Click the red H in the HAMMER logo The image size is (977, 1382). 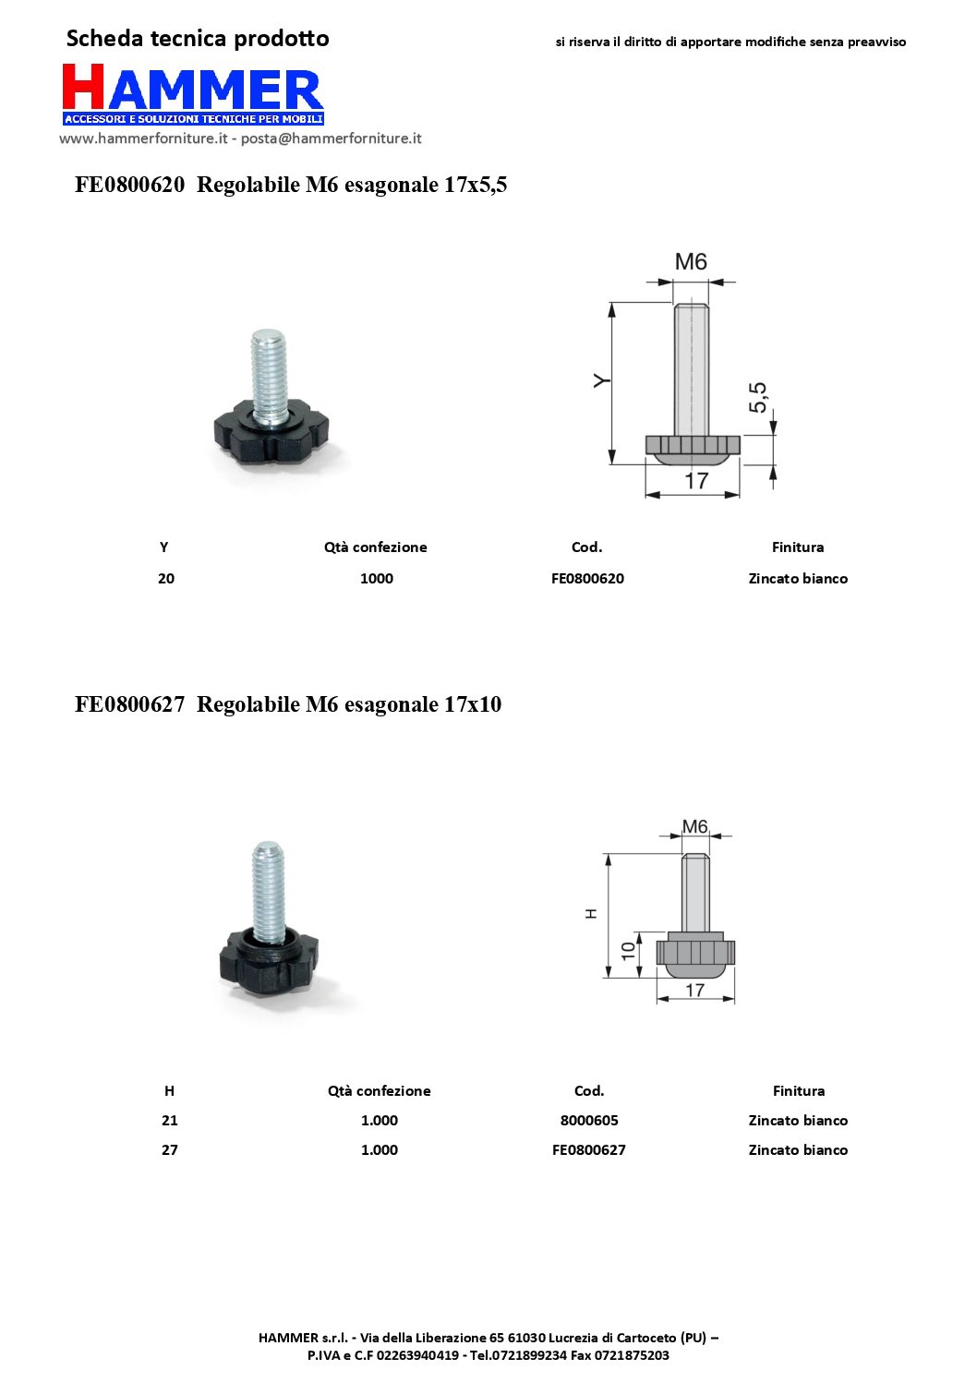coord(83,87)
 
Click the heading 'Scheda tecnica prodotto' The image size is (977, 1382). coord(198,39)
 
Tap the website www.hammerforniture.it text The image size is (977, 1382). coord(143,138)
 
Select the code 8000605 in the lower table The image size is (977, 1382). coord(589,1120)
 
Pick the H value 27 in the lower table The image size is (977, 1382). coord(169,1149)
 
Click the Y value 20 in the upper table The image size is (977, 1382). coord(166,578)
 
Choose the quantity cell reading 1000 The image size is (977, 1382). coord(377,578)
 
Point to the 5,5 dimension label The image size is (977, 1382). coord(758,397)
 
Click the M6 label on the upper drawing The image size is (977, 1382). coord(691,261)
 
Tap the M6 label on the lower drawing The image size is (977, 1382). coord(694,826)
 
